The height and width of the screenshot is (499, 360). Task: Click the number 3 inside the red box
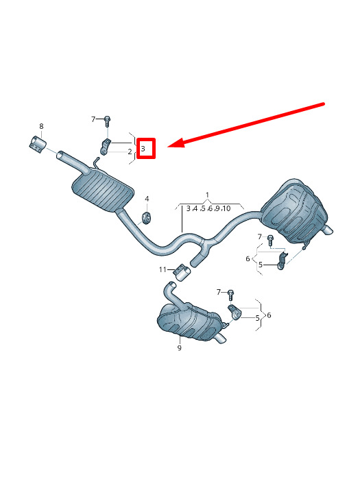click(x=143, y=149)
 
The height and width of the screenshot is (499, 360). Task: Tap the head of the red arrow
click(x=169, y=147)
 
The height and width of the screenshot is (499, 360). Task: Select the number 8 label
click(x=41, y=126)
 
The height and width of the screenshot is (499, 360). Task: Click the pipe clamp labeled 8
click(x=38, y=145)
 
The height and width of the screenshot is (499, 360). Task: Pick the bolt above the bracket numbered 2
click(x=107, y=121)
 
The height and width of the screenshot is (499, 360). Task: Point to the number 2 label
click(x=130, y=151)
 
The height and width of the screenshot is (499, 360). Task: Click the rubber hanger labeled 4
click(x=147, y=217)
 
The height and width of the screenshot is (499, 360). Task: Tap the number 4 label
click(x=147, y=199)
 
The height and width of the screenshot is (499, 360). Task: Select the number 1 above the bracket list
click(x=208, y=195)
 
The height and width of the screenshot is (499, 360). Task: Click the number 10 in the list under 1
click(x=226, y=209)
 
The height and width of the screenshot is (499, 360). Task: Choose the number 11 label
click(x=163, y=269)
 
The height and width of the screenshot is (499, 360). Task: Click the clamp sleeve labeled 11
click(x=182, y=272)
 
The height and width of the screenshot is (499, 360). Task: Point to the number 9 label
click(x=180, y=348)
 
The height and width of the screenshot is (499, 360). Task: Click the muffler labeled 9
click(x=190, y=322)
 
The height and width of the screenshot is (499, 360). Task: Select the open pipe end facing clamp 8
click(x=60, y=155)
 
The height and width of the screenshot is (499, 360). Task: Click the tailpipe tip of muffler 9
click(x=221, y=339)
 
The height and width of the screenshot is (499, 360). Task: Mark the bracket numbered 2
click(x=106, y=147)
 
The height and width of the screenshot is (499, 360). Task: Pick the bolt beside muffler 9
click(x=231, y=295)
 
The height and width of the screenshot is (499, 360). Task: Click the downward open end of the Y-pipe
click(x=195, y=263)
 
